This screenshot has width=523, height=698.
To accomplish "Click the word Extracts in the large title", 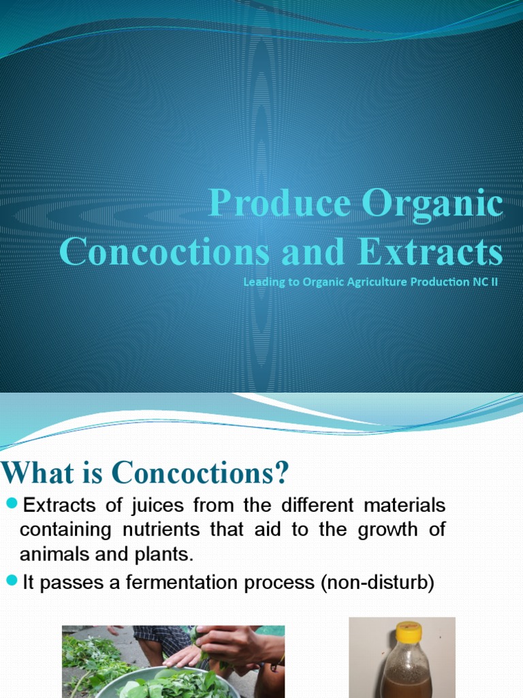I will [x=430, y=252].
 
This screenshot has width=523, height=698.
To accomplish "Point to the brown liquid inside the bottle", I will [x=406, y=682].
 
